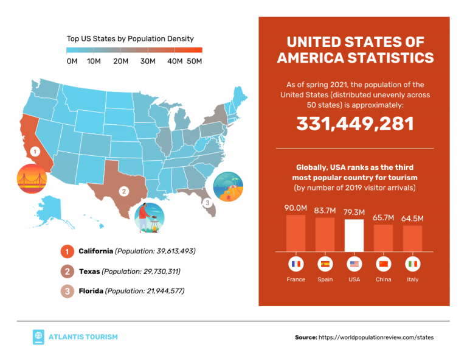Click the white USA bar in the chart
click(x=353, y=235)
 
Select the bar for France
click(x=296, y=233)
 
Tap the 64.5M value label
click(x=412, y=218)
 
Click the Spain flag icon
click(x=325, y=264)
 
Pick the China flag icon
click(x=383, y=264)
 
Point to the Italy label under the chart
click(x=412, y=279)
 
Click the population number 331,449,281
click(x=355, y=124)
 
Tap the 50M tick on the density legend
click(x=195, y=61)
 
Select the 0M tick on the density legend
click(x=72, y=61)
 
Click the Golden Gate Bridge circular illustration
click(x=31, y=180)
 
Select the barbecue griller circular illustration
click(x=149, y=217)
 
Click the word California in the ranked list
click(x=96, y=251)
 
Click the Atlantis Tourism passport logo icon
click(x=39, y=337)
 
